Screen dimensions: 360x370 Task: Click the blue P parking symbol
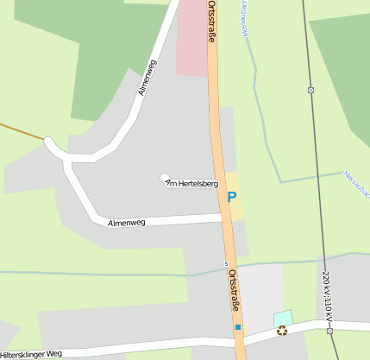pyautogui.click(x=231, y=197)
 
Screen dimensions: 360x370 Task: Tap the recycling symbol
pyautogui.click(x=281, y=330)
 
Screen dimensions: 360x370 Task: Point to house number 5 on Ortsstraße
pyautogui.click(x=226, y=263)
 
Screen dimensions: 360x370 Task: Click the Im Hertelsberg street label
pyautogui.click(x=191, y=182)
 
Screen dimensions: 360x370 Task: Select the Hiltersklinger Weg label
pyautogui.click(x=32, y=354)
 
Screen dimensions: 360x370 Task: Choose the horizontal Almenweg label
pyautogui.click(x=126, y=223)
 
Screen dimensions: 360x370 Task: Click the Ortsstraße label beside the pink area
pyautogui.click(x=211, y=21)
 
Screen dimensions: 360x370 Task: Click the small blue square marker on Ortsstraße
pyautogui.click(x=238, y=328)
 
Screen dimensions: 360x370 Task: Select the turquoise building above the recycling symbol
pyautogui.click(x=283, y=318)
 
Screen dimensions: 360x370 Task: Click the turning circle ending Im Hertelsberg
pyautogui.click(x=164, y=179)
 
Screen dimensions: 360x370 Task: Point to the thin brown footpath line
pyautogui.click(x=22, y=131)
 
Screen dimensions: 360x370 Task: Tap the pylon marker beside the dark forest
pyautogui.click(x=310, y=90)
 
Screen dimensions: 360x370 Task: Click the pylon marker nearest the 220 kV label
pyautogui.click(x=329, y=328)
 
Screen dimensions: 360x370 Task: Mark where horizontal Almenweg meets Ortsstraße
pyautogui.click(x=224, y=218)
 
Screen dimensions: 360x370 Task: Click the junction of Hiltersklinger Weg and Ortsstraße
pyautogui.click(x=240, y=340)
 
